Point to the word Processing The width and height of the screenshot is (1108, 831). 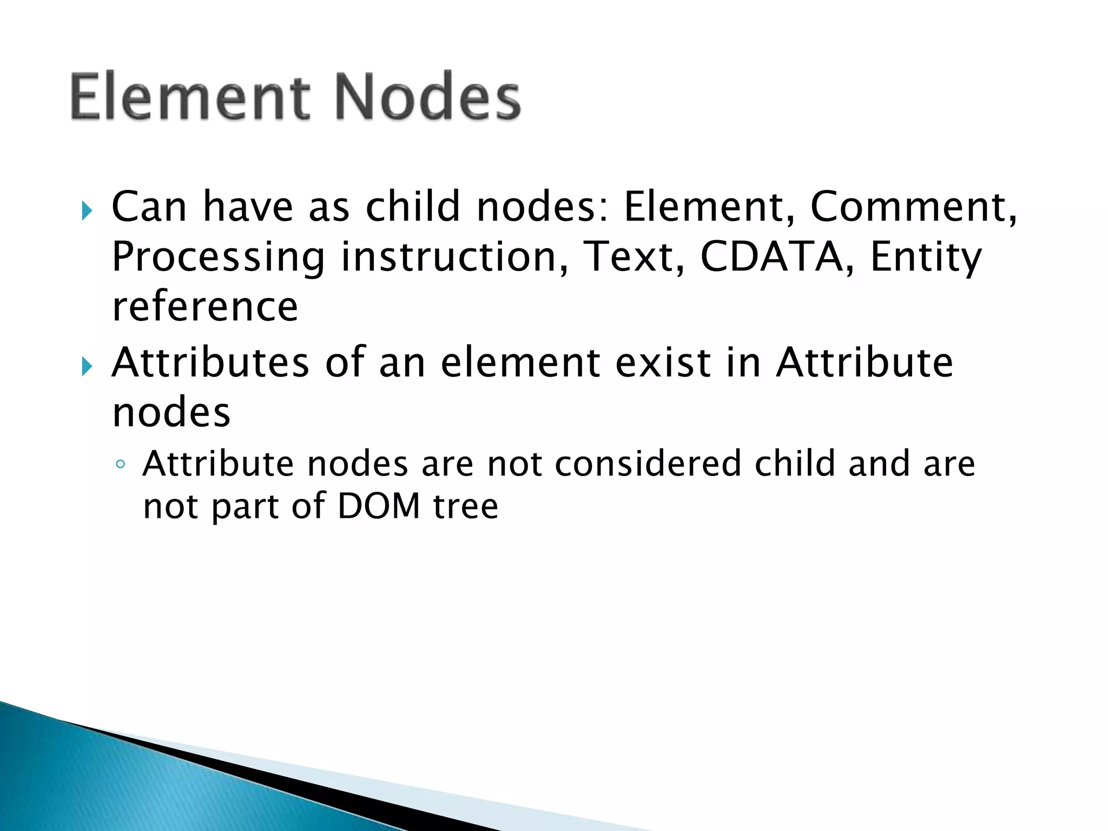[x=218, y=258]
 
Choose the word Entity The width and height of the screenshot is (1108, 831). [x=925, y=258]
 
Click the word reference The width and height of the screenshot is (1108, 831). [x=205, y=307]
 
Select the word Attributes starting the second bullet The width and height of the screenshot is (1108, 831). [x=210, y=362]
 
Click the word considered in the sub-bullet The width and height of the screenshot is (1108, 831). [x=648, y=464]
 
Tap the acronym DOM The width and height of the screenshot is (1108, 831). [x=379, y=506]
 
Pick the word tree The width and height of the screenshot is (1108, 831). [x=465, y=506]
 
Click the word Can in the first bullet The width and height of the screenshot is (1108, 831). [x=149, y=207]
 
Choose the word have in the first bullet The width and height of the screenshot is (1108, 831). [x=248, y=207]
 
